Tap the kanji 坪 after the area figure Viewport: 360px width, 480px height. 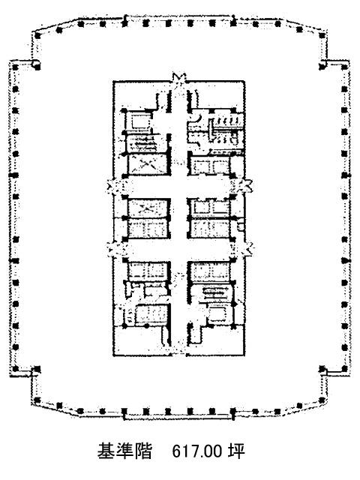coord(236,451)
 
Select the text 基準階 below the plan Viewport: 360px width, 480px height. coord(124,451)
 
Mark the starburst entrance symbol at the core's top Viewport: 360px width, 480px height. coord(178,79)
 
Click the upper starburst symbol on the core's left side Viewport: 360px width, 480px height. coord(114,187)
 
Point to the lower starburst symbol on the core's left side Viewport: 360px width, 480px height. coord(114,248)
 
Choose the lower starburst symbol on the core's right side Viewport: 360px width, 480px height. coord(245,248)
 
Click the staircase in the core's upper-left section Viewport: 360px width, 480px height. coord(142,143)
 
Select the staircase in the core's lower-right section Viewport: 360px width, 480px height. coord(215,293)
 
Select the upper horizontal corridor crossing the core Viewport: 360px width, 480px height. coord(178,187)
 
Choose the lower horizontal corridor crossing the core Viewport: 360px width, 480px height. coord(178,249)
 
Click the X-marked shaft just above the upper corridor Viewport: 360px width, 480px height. coord(148,164)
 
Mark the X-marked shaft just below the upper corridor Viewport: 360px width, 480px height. coord(148,208)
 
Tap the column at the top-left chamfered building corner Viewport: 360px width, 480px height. coord(37,35)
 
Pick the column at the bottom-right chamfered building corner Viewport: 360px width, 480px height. coord(322,400)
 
